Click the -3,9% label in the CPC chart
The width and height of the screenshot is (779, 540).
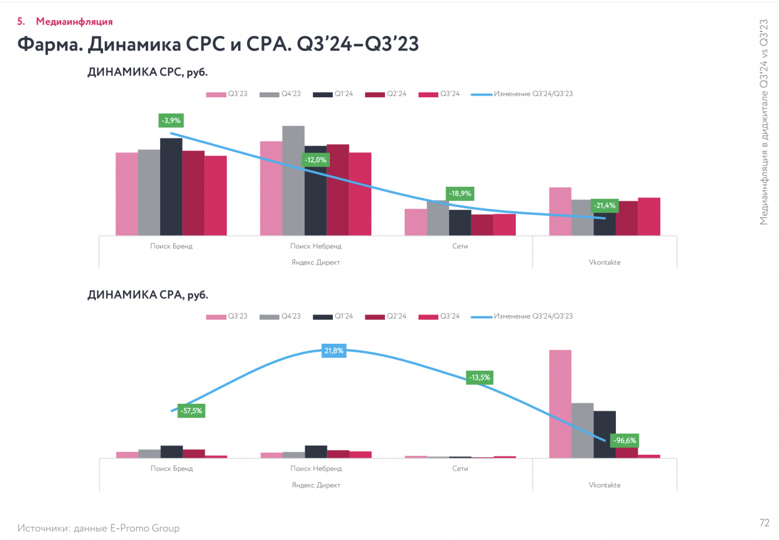pos(170,121)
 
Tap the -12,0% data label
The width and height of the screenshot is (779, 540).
pos(315,160)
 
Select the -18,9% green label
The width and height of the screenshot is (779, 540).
pos(459,194)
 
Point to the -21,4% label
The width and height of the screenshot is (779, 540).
pos(604,206)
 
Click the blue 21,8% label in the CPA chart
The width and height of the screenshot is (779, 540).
pos(334,351)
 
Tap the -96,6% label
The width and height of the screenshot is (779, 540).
pos(625,440)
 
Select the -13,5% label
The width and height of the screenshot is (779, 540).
pos(480,377)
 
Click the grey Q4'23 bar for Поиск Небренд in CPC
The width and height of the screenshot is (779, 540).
pos(293,180)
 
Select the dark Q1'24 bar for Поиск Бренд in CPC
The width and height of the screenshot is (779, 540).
pos(171,186)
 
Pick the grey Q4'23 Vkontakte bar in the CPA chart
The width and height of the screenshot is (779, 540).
pos(582,430)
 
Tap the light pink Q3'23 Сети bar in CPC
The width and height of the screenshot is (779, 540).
pos(416,221)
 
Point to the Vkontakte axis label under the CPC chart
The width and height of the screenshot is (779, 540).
pos(604,262)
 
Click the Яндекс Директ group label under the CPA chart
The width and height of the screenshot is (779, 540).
pos(315,485)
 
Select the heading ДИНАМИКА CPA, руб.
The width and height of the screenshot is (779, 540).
pos(148,295)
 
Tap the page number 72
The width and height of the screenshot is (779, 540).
pos(764,523)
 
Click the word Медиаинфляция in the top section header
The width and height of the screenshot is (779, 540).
pos(74,22)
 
